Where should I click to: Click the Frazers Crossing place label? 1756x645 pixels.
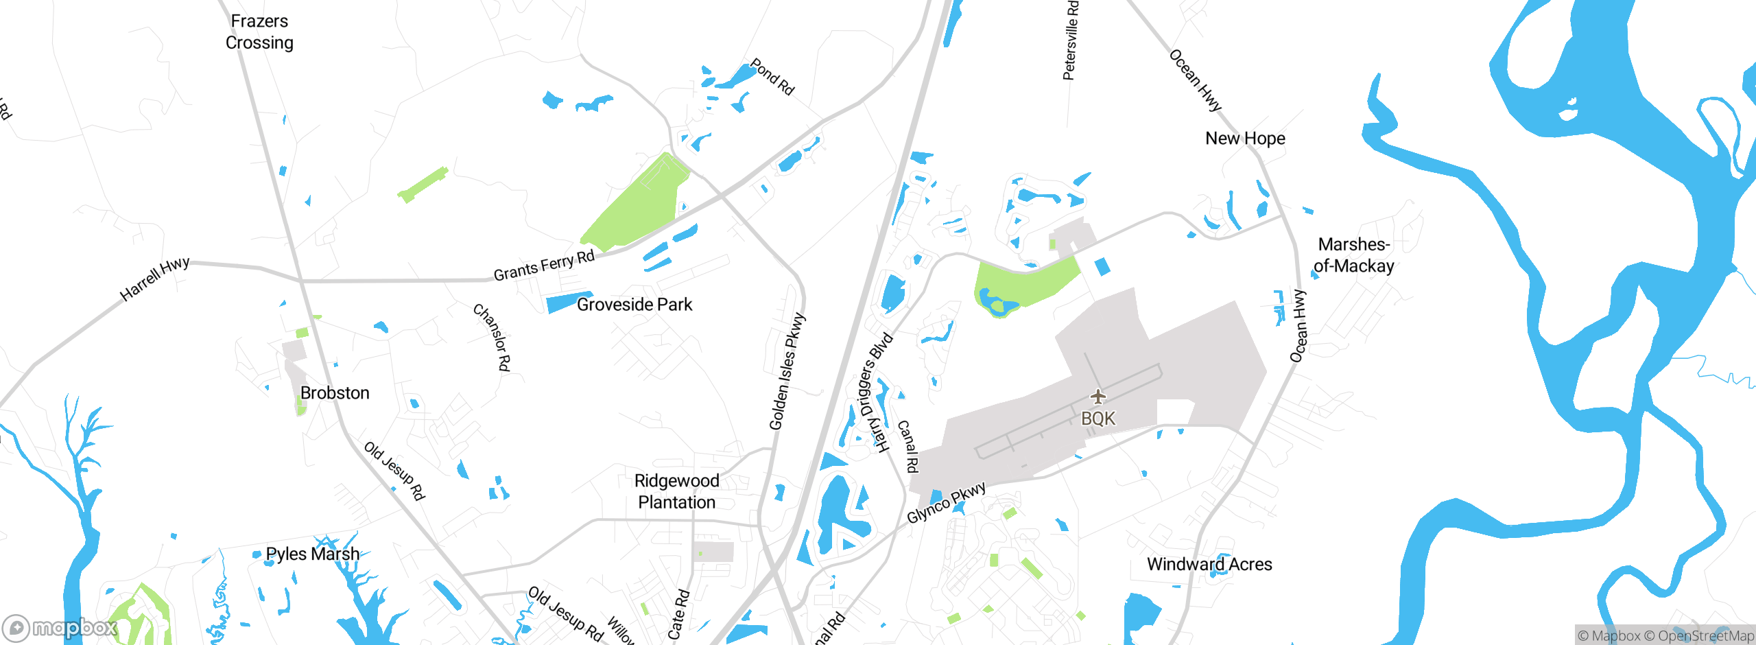tap(259, 32)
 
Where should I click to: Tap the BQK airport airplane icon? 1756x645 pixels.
tap(1098, 397)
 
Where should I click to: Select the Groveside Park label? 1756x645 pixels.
tap(634, 305)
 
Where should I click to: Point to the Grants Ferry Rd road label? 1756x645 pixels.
tap(544, 266)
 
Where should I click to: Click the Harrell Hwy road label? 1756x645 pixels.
tap(154, 279)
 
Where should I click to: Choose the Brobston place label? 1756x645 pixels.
tap(335, 393)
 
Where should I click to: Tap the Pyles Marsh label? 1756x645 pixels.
tap(312, 554)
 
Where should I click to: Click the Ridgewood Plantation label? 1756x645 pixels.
tap(676, 491)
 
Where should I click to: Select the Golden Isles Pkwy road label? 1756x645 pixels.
tap(787, 372)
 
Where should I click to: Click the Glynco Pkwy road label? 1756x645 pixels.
tap(947, 502)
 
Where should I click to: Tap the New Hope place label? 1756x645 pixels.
tap(1245, 139)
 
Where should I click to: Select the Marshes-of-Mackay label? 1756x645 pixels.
tap(1353, 255)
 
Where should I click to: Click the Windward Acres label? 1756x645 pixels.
tap(1209, 565)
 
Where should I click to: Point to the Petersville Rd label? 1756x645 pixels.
tap(1071, 41)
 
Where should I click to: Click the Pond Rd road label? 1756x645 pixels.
tap(772, 77)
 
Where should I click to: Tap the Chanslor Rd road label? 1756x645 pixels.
tap(492, 338)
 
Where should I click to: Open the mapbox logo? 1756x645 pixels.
tap(60, 627)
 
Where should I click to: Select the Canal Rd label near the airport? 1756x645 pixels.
tap(907, 447)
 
